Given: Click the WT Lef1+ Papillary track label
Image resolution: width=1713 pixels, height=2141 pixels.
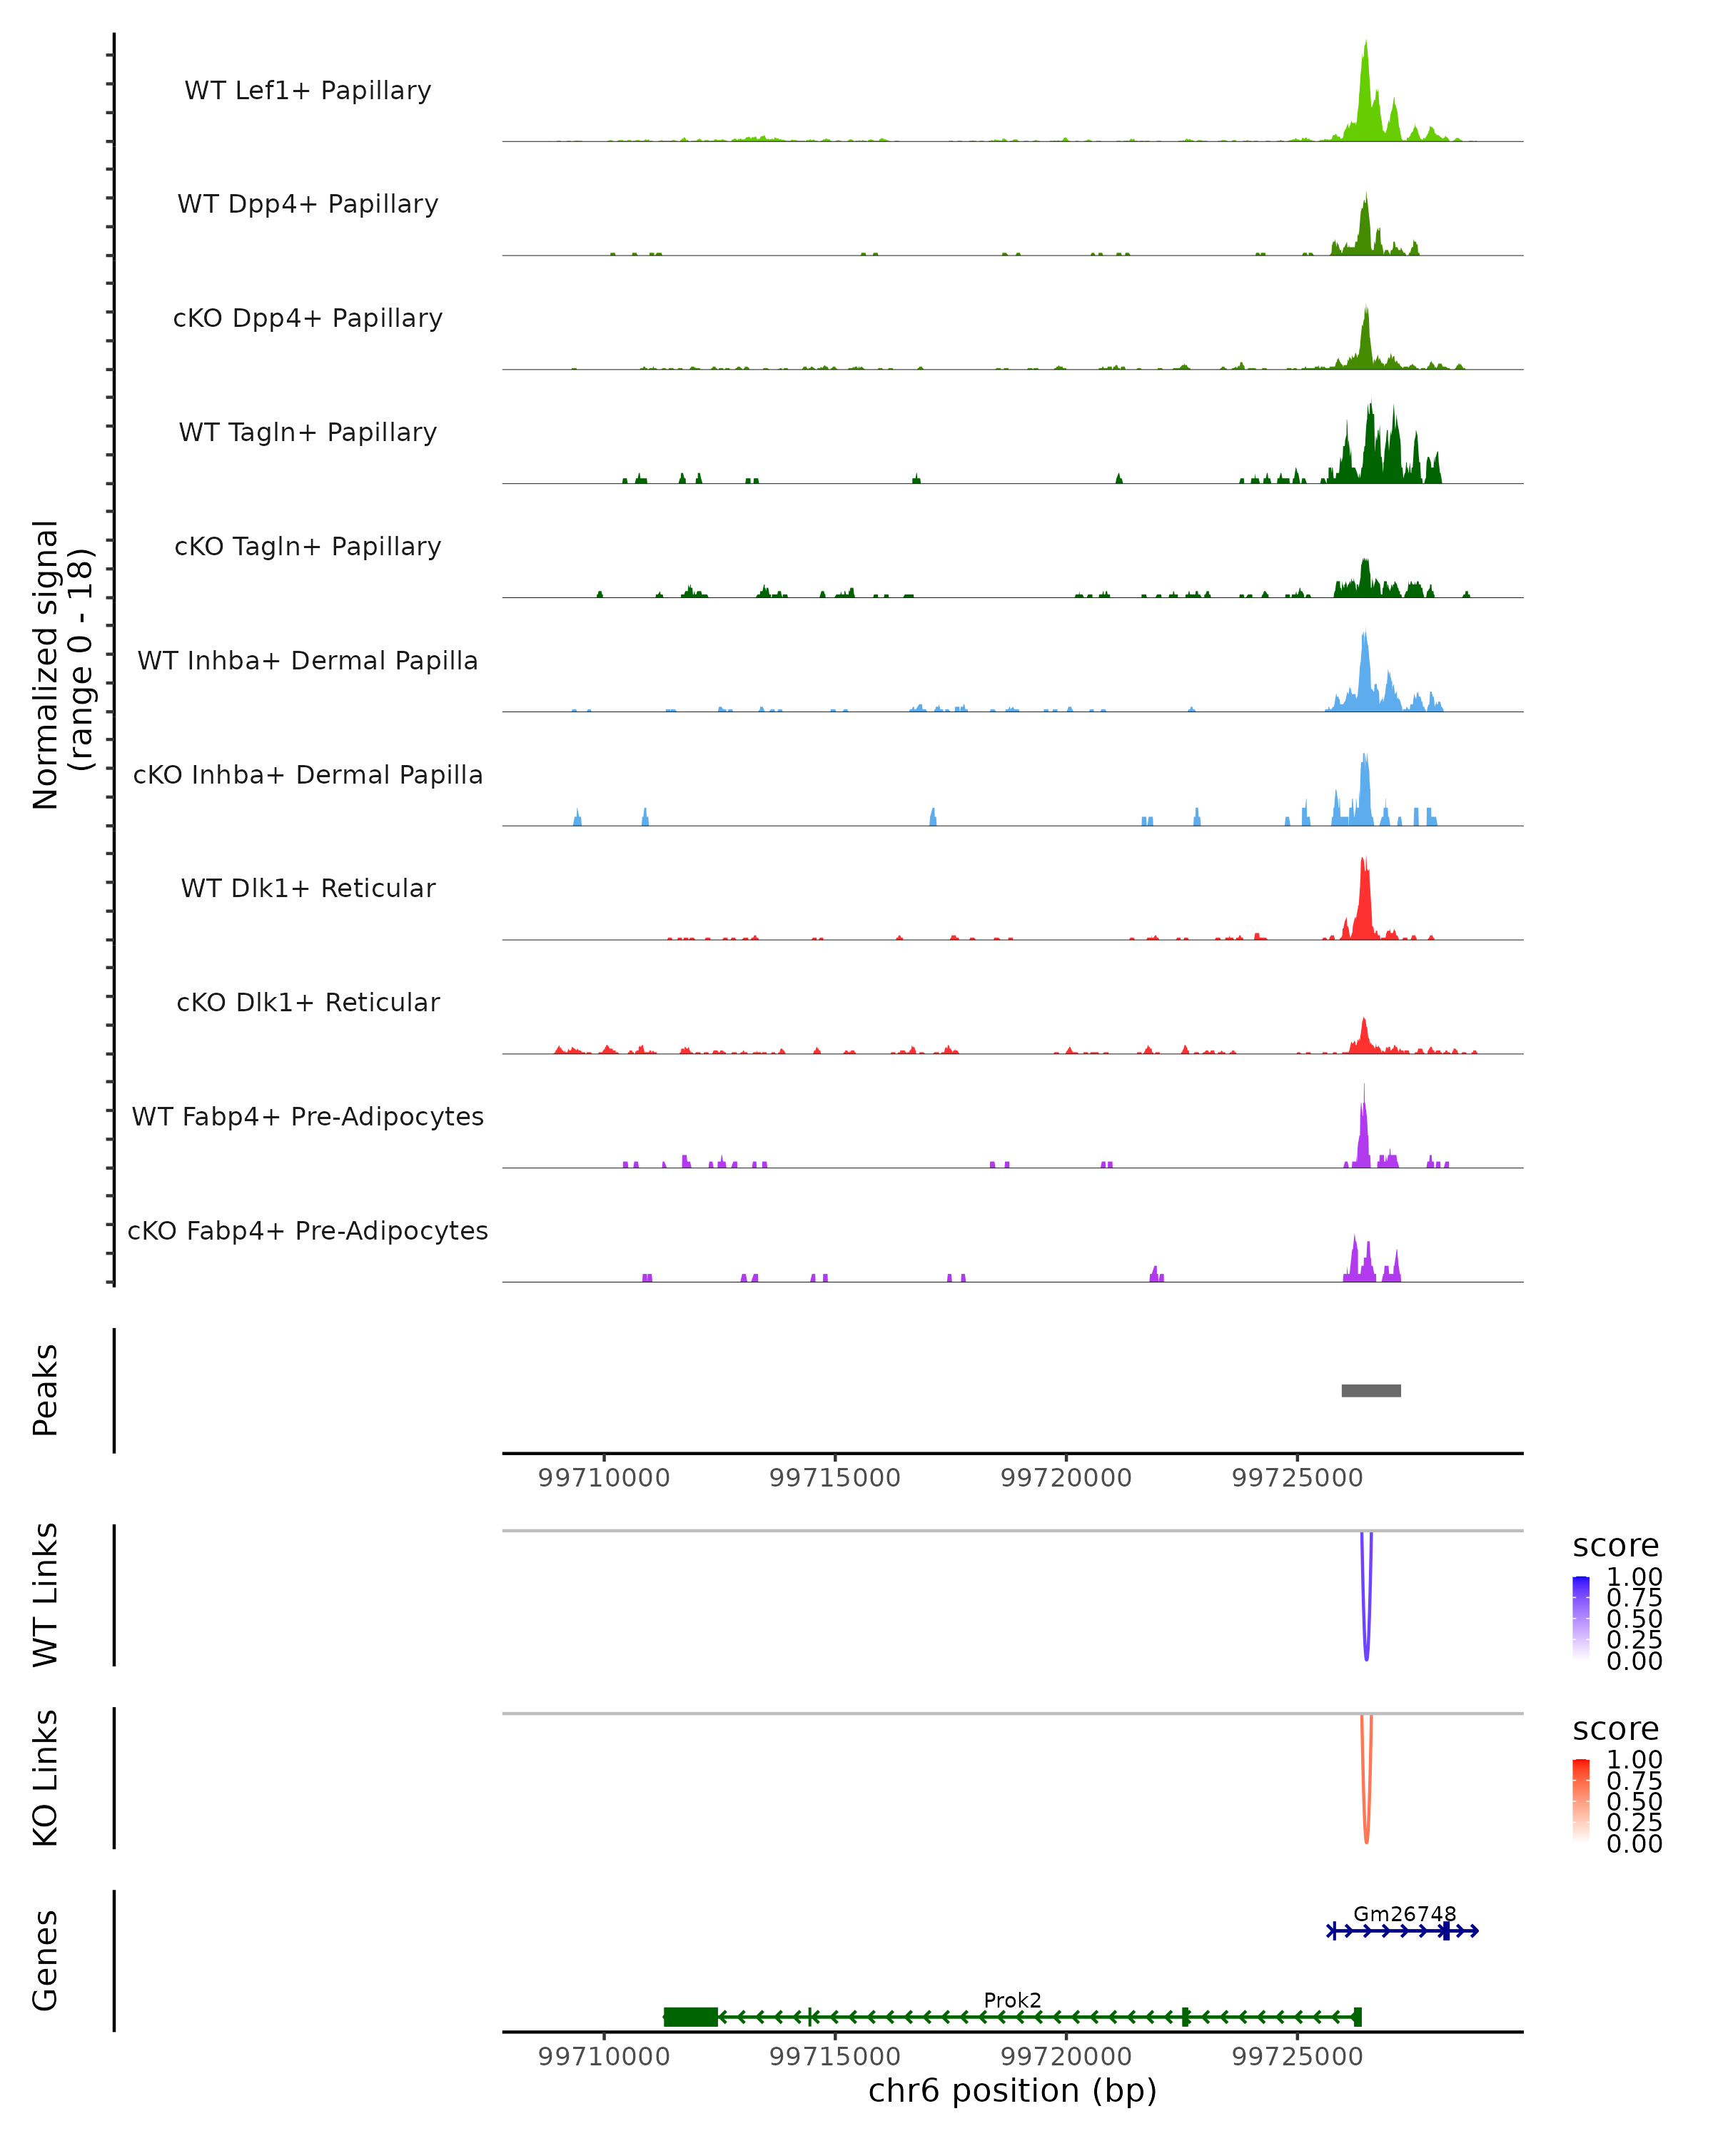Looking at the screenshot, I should point(308,91).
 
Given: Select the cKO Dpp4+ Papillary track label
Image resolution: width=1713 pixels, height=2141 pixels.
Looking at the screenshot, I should point(308,319).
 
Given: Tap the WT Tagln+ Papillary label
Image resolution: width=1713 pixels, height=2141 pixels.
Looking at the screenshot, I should point(308,433).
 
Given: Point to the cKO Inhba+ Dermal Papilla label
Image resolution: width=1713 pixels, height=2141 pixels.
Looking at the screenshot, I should point(308,776).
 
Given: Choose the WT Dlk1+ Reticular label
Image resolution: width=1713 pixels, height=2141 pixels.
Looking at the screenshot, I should point(308,889).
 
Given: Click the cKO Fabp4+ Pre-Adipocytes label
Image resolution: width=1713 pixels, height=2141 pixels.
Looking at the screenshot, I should point(308,1231).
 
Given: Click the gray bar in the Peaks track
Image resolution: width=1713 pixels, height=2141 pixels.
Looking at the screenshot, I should point(1370,1390).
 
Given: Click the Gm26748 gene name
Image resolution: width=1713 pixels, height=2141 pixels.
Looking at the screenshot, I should point(1404,1913).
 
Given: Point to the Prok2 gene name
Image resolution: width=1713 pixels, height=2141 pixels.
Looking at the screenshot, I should point(1012,2000).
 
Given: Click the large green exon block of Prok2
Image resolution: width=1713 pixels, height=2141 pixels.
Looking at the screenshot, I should point(691,2017).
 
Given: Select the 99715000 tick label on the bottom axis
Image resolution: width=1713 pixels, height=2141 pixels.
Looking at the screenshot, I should point(834,2057).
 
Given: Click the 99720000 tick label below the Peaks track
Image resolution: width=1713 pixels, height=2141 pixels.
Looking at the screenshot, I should point(1066,1478).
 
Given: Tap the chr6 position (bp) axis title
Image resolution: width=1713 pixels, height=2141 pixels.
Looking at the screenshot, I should point(1012,2091).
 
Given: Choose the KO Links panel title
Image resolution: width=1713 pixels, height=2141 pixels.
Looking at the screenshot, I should point(46,1778).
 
